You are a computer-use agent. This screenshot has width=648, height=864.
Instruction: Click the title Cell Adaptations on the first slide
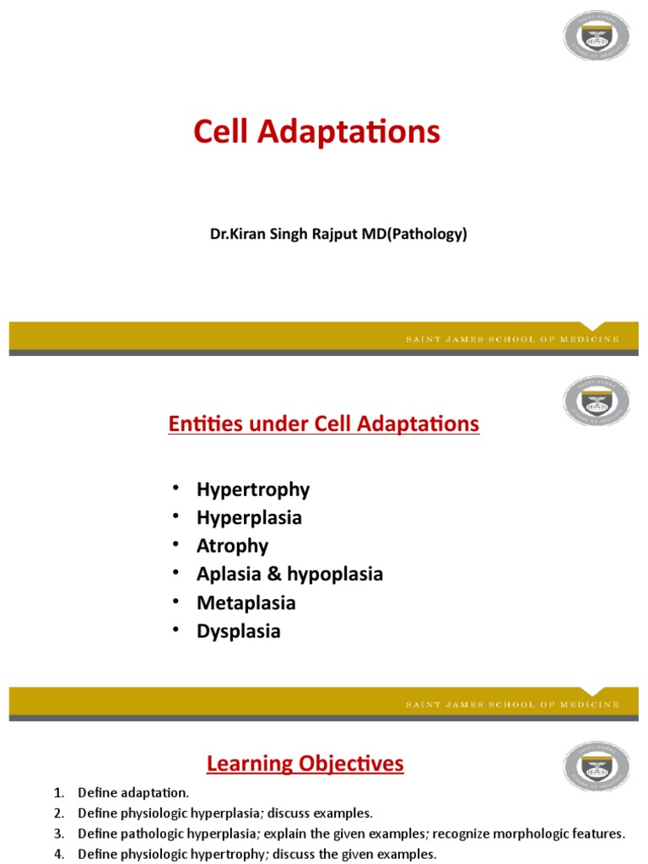click(316, 132)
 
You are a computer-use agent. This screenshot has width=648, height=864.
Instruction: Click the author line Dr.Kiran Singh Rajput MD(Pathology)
click(338, 235)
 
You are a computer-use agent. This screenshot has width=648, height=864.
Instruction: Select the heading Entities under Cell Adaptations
click(324, 424)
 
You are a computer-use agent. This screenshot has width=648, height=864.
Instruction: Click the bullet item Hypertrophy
click(253, 489)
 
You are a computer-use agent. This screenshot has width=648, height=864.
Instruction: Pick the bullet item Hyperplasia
click(249, 517)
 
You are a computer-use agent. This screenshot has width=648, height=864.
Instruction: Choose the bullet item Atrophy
click(232, 546)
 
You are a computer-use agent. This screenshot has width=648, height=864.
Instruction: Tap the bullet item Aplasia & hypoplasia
click(289, 574)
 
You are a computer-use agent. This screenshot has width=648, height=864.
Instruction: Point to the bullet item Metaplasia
click(246, 602)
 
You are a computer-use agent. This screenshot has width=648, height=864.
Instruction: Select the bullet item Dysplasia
click(239, 631)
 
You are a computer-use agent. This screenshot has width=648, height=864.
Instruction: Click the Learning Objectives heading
click(305, 764)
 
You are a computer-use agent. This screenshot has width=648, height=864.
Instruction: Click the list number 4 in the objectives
click(58, 854)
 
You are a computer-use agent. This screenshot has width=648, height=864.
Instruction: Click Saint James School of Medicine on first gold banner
click(510, 339)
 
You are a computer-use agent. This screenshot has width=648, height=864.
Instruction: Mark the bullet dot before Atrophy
click(175, 545)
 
